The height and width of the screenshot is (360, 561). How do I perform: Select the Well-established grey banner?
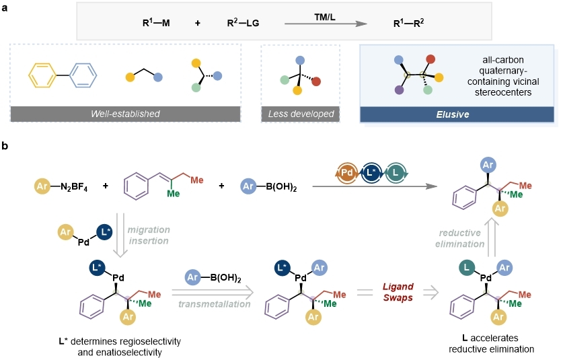(126, 114)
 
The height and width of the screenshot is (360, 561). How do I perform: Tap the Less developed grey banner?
(300, 114)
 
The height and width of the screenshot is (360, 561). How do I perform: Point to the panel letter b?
(5, 145)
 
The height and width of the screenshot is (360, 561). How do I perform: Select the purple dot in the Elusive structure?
(399, 89)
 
